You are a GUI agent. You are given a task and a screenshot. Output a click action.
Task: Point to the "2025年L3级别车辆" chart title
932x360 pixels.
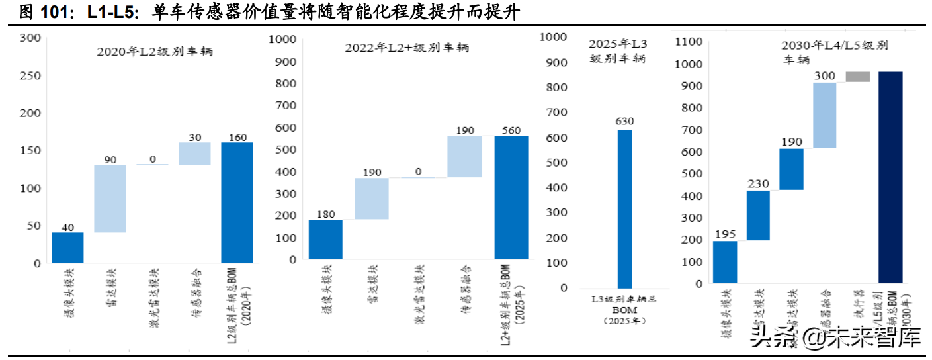click(x=618, y=51)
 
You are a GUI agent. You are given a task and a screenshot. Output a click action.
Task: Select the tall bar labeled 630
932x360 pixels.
click(x=625, y=208)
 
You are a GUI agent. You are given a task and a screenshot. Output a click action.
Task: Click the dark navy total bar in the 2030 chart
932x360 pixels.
click(x=890, y=177)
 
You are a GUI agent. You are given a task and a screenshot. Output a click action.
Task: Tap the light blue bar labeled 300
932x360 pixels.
click(x=824, y=115)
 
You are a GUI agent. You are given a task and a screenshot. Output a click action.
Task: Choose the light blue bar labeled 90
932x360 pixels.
click(x=110, y=199)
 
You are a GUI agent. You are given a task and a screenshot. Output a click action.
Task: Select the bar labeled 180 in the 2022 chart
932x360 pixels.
click(x=325, y=239)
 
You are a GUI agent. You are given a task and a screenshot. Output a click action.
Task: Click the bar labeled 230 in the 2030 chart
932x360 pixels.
click(x=758, y=215)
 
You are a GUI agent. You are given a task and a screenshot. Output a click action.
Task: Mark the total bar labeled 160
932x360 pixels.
click(x=237, y=202)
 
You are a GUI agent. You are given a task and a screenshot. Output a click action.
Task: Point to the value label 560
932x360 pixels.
click(x=511, y=130)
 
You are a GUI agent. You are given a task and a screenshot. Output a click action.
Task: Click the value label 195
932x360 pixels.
click(x=725, y=234)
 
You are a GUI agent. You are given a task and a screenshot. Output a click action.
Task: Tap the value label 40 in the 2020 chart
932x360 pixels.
click(x=67, y=226)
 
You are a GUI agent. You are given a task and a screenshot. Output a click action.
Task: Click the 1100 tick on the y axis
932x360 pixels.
click(x=688, y=42)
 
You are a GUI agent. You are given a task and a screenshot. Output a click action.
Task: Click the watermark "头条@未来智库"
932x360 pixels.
click(x=836, y=339)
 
